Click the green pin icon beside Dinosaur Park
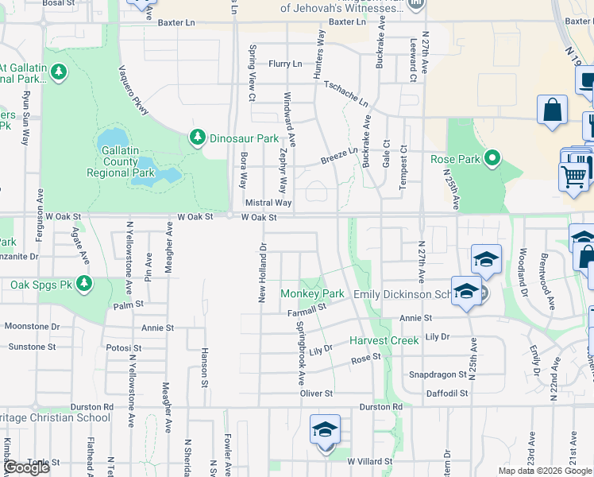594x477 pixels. pos(197,138)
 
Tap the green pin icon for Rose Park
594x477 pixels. pos(492,159)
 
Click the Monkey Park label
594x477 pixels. pos(312,293)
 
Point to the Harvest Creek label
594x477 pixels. pos(384,340)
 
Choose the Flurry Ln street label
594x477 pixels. pos(286,64)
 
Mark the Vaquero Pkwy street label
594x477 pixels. pos(134,89)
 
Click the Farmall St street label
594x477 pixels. pos(307,311)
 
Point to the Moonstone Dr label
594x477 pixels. pos(32,326)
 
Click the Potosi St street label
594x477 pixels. pos(124,347)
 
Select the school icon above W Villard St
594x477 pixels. pos(326,431)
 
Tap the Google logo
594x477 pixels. pos(26,467)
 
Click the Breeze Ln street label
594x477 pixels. pos(339,154)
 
